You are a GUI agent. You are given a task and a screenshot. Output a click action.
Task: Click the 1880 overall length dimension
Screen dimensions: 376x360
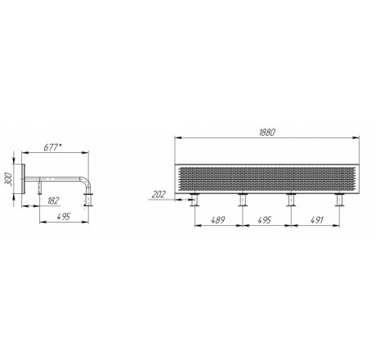(x=267, y=133)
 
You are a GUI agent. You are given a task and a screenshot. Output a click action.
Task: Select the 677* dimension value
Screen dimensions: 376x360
(x=52, y=147)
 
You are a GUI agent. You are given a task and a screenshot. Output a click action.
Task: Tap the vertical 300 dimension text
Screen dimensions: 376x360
(x=9, y=179)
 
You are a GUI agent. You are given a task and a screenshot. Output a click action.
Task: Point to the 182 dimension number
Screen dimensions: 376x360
(x=53, y=200)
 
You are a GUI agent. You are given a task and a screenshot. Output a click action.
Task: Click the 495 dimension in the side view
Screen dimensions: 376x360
(x=64, y=217)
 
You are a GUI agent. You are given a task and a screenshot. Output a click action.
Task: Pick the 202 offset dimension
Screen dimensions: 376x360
(x=159, y=195)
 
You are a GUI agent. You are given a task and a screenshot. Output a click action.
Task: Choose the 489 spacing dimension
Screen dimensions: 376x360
(x=218, y=220)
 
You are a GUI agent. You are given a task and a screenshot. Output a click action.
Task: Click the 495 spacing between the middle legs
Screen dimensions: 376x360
(x=264, y=220)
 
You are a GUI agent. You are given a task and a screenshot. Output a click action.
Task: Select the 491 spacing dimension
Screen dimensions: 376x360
(x=317, y=220)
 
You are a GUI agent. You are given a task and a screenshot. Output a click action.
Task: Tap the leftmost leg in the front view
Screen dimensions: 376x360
(x=195, y=200)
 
